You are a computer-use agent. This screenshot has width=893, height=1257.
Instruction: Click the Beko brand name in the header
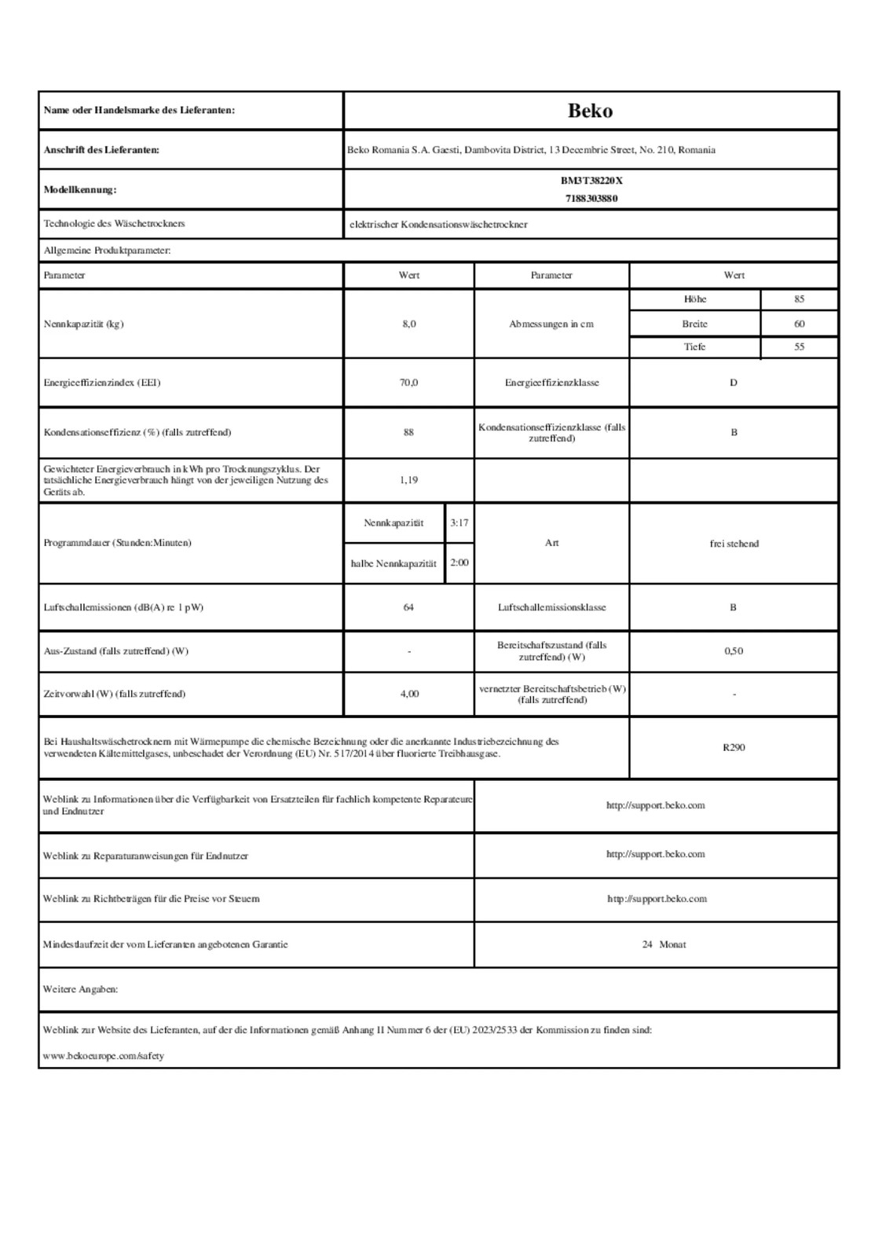tap(590, 111)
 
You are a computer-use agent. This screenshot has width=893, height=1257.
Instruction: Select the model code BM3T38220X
tap(591, 181)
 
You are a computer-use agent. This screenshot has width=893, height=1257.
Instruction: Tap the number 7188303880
tap(591, 199)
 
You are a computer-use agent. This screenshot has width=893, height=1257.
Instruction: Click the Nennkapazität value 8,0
tap(408, 324)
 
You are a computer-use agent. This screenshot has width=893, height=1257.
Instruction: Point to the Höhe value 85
tap(799, 299)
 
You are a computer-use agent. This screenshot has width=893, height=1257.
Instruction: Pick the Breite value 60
tap(799, 324)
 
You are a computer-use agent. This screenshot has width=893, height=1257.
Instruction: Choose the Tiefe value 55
tap(799, 346)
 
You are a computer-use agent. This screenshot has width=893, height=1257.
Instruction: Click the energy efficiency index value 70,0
tap(408, 383)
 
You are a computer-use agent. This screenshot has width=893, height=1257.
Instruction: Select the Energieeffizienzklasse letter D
tap(734, 383)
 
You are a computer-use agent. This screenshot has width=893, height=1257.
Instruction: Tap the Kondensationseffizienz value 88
tap(408, 432)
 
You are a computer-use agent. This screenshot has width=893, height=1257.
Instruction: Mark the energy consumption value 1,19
tap(408, 480)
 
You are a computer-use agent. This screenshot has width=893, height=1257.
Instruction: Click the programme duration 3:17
tap(459, 522)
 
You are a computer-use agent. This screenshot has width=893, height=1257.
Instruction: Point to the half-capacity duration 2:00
tap(459, 563)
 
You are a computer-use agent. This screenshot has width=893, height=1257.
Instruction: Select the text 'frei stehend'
tap(734, 544)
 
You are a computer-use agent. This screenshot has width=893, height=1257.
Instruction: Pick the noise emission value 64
tap(408, 607)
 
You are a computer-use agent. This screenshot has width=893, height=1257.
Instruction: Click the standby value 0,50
tap(734, 651)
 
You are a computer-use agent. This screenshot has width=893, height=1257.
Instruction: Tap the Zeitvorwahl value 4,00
tap(408, 694)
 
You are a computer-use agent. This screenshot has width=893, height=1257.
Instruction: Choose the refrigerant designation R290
tap(734, 747)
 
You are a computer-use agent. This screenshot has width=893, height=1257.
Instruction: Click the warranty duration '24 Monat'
tap(664, 944)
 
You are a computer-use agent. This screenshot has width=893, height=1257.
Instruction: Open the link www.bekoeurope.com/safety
tap(104, 1056)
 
